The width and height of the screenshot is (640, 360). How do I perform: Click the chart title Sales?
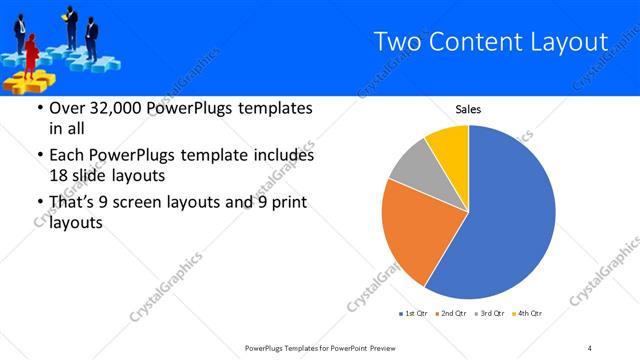tap(468, 109)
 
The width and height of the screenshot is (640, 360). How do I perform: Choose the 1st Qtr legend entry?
tap(414, 314)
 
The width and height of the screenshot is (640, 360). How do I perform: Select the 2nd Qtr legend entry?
tap(450, 314)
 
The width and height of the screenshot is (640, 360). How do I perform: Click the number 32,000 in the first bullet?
tap(113, 109)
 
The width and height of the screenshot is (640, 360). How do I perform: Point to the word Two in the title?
tap(394, 42)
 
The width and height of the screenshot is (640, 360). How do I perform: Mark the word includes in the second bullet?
tap(282, 156)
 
